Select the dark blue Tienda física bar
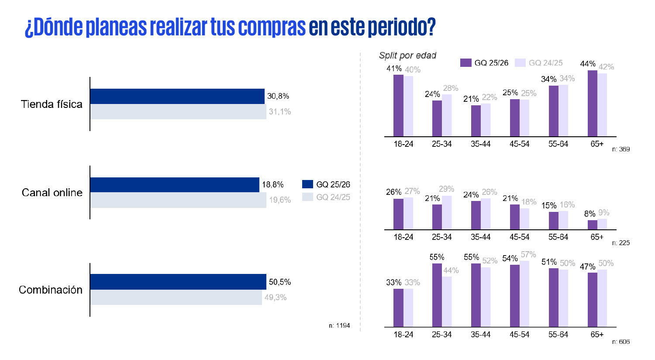pyautogui.click(x=177, y=96)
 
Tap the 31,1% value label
pyautogui.click(x=280, y=112)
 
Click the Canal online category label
pyautogui.click(x=52, y=193)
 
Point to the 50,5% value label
pyautogui.click(x=280, y=282)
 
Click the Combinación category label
pyautogui.click(x=51, y=290)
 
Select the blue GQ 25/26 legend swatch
pyautogui.click(x=307, y=184)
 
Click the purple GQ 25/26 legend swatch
pyautogui.click(x=465, y=63)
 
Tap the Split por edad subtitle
pyautogui.click(x=407, y=55)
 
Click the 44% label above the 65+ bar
pyautogui.click(x=588, y=64)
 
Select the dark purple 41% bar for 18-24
pyautogui.click(x=398, y=106)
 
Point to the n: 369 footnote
pyautogui.click(x=621, y=149)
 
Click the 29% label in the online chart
pyautogui.click(x=447, y=189)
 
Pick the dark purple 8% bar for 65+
pyautogui.click(x=592, y=225)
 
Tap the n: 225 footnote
pyautogui.click(x=621, y=243)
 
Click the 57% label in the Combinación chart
pyautogui.click(x=528, y=255)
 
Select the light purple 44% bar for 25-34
pyautogui.click(x=447, y=301)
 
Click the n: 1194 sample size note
pyautogui.click(x=339, y=325)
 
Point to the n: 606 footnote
pyautogui.click(x=621, y=342)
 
